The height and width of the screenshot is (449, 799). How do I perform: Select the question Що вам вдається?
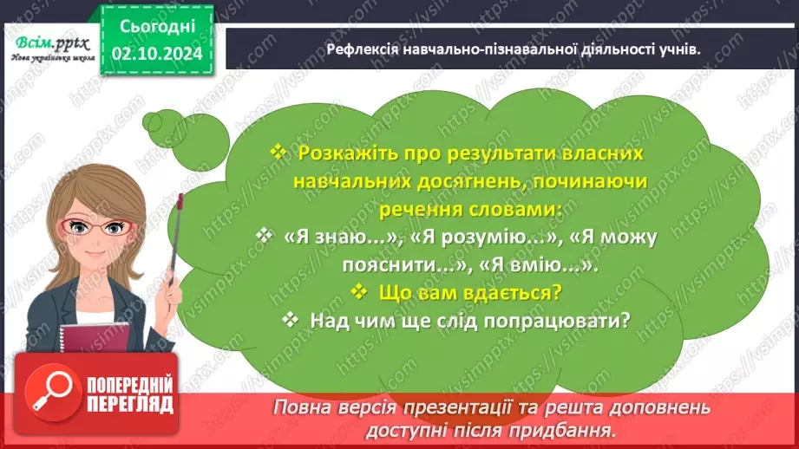coord(471,292)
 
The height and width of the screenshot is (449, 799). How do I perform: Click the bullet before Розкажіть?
coord(278,153)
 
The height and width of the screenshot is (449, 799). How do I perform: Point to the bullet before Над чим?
coord(291,320)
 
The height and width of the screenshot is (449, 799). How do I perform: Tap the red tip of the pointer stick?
coord(180,200)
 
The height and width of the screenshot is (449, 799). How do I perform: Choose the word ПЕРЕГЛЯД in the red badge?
coord(129,404)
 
